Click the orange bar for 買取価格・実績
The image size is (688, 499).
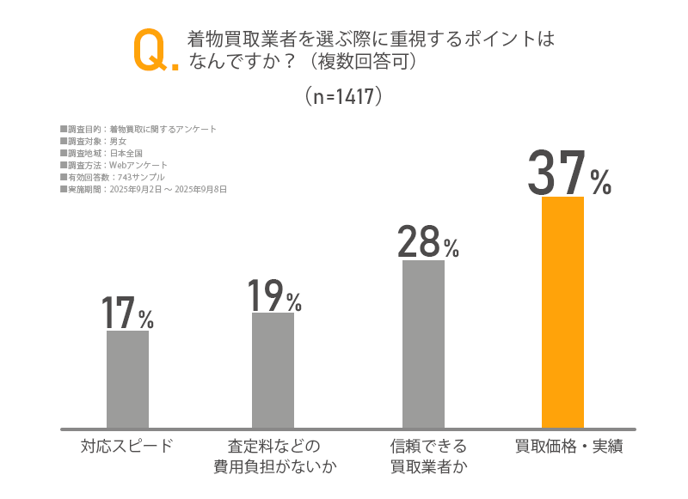pos(562,312)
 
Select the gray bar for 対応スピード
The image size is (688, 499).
pos(127,379)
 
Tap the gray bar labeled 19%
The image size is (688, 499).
pos(273,370)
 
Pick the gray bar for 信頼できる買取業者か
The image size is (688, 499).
pos(423,344)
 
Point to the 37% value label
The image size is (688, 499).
pos(568,173)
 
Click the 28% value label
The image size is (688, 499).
pos(427,242)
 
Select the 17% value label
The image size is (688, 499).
pos(127,313)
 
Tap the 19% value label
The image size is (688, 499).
pos(274,295)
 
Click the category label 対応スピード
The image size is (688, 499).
pos(127,446)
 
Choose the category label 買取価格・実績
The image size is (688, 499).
pos(568,446)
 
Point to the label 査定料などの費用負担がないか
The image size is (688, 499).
pos(273,456)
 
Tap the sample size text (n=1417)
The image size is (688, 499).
pos(343,96)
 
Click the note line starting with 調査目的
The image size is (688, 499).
pos(138,129)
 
